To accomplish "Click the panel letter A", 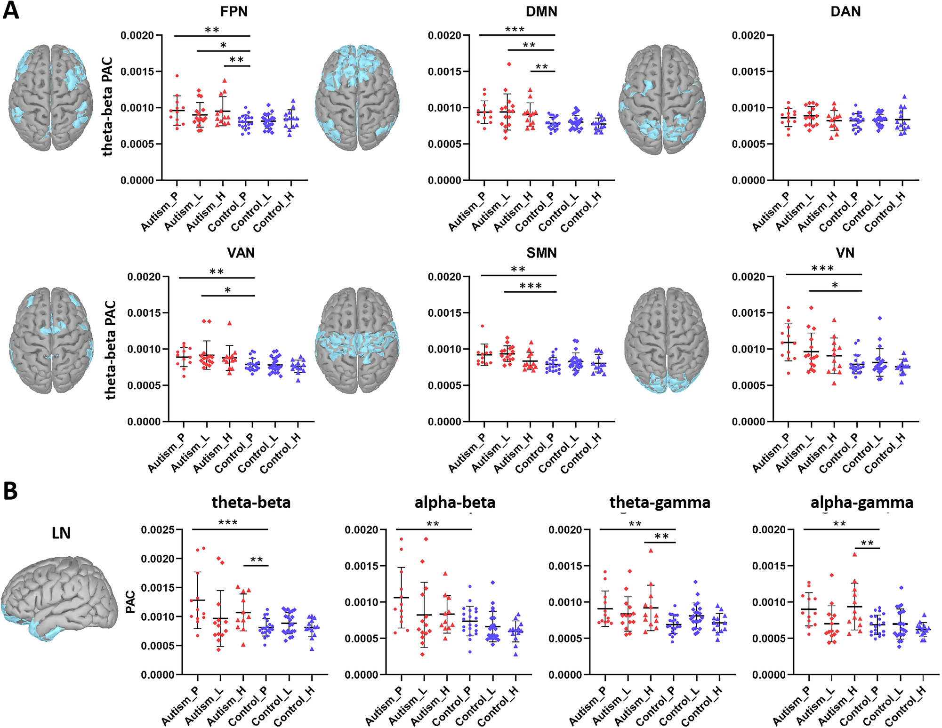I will (11, 10).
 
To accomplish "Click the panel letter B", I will (10, 491).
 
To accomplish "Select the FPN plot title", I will (233, 11).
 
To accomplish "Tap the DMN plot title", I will (541, 11).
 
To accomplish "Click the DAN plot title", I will (845, 11).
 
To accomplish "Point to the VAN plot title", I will (241, 253).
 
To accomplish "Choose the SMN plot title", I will (541, 253).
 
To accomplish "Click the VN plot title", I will (845, 253).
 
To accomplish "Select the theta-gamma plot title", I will (660, 503).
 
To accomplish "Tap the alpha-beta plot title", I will (455, 503).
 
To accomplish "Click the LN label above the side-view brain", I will (61, 533).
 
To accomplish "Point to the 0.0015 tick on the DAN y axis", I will (748, 72).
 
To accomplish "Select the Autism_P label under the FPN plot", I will (160, 212).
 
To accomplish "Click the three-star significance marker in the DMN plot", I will (515, 30).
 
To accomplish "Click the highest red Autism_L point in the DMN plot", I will (509, 64).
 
